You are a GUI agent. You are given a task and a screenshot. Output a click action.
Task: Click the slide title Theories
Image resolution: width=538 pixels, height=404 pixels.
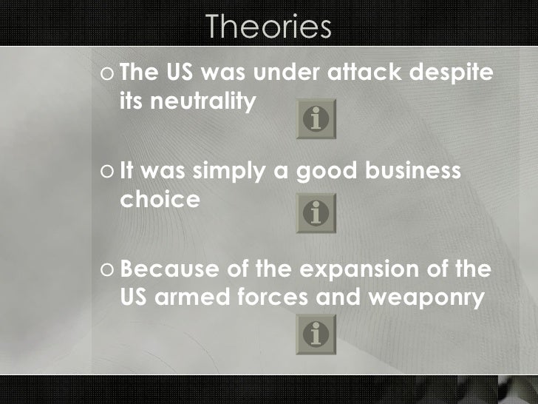268,27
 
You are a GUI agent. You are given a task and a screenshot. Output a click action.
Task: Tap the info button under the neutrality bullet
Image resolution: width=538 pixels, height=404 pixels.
316,119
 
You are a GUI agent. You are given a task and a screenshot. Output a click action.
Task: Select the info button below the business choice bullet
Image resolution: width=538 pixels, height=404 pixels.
316,214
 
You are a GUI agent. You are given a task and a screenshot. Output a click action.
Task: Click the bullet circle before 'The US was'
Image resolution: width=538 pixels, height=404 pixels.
108,75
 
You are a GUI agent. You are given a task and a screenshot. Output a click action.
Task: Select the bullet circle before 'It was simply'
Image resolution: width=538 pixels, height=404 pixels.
108,172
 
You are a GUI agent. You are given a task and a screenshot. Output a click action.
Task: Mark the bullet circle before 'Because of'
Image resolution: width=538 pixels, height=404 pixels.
108,269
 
